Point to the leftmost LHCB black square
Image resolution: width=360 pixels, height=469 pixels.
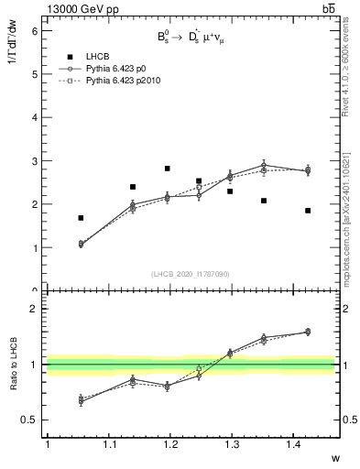pos(81,218)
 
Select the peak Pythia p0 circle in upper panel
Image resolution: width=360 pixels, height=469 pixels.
pos(264,165)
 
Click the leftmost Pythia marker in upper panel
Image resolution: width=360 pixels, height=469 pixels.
pos(81,245)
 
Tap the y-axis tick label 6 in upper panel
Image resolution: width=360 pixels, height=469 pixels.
pos(34,30)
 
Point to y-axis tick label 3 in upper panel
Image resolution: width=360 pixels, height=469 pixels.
pos(34,161)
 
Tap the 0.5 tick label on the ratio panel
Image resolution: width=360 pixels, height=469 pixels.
pos(29,420)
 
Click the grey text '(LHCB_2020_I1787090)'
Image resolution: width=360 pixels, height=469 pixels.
pos(190,274)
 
